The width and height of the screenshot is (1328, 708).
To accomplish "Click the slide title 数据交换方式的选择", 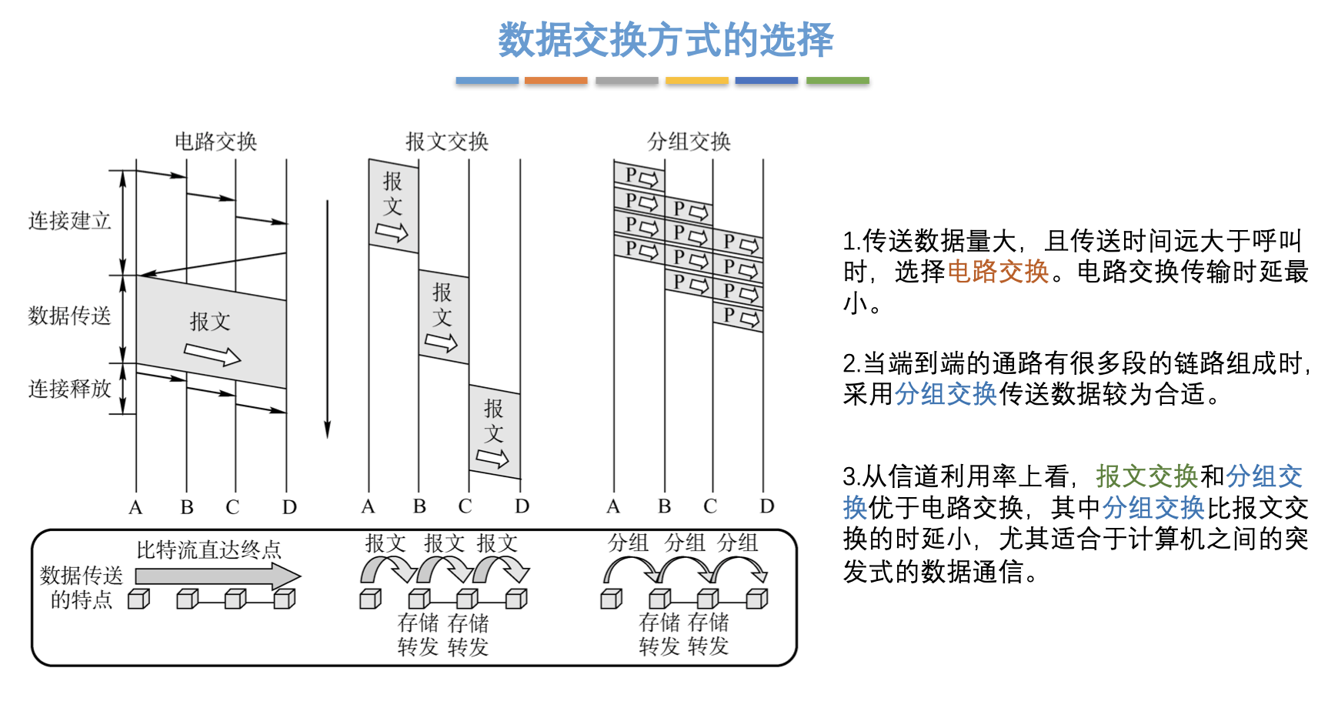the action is coord(666,40).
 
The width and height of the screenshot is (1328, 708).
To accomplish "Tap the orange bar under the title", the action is coord(556,80).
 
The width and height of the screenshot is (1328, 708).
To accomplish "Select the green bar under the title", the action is coord(837,80).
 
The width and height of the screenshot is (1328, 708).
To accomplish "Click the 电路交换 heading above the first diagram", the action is coord(215,142).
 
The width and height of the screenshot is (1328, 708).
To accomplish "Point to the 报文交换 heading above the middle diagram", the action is coord(447,142).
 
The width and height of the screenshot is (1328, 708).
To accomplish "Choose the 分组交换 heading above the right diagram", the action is coord(689,142).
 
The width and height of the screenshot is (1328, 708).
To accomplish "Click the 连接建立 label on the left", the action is coord(70,221).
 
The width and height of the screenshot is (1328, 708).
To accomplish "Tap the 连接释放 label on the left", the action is coord(70,389).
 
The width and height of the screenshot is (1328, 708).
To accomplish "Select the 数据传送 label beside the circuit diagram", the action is coord(70,316).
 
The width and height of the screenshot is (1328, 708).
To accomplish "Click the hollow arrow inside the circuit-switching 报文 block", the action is coord(212,354).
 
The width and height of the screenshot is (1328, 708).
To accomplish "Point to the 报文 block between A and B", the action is coord(393,205).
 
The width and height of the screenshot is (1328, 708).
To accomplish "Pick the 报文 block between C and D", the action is coord(495,432).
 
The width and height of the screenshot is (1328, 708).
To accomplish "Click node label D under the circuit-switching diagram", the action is coord(289,508).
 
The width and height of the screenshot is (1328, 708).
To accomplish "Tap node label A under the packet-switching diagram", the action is coord(613,506).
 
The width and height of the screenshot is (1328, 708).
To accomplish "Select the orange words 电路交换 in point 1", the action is coord(998,272).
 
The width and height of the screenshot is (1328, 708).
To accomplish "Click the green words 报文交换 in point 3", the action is coord(1147,476).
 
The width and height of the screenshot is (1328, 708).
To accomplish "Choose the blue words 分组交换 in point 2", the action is coord(946,394).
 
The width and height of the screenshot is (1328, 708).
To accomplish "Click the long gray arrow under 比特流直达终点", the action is coord(218,576).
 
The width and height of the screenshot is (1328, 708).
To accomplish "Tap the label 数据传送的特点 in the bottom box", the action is coord(82,587).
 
